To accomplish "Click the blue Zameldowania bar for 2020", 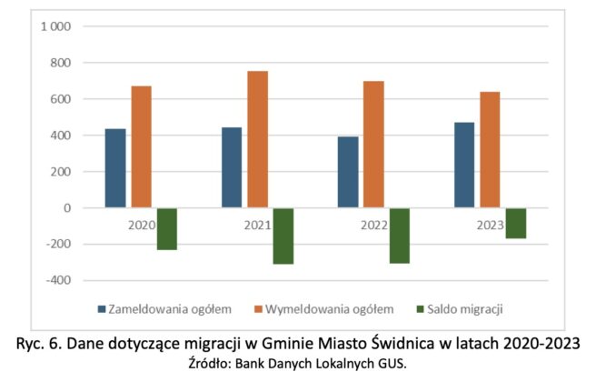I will [x=115, y=168].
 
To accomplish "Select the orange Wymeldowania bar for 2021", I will [x=258, y=139].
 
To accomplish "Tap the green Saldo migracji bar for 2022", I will [x=400, y=236].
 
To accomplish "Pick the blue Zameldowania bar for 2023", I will [x=464, y=165].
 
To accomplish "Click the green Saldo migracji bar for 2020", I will [x=166, y=228].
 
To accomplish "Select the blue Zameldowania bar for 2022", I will [x=348, y=172].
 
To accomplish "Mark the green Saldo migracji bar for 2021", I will [x=283, y=236].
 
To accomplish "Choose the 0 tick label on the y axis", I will [x=67, y=208].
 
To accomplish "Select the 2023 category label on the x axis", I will [x=491, y=225].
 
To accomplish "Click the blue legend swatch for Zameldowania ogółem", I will [x=102, y=308].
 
